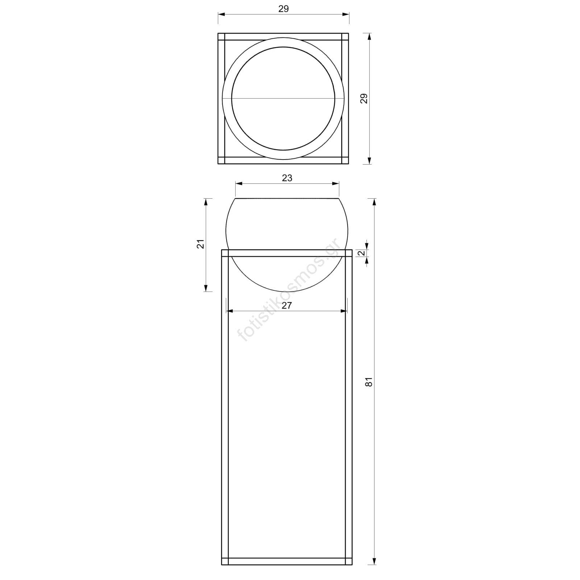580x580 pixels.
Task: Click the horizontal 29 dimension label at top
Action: tap(283, 9)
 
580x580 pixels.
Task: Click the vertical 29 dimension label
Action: tap(364, 99)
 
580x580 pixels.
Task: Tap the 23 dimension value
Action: tap(287, 178)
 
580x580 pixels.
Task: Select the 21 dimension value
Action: tap(201, 244)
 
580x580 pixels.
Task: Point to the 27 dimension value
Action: tap(287, 306)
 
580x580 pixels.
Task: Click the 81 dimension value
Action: tap(369, 382)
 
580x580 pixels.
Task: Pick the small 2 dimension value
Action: tap(361, 253)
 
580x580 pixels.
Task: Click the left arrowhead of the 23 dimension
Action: tap(240, 184)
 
